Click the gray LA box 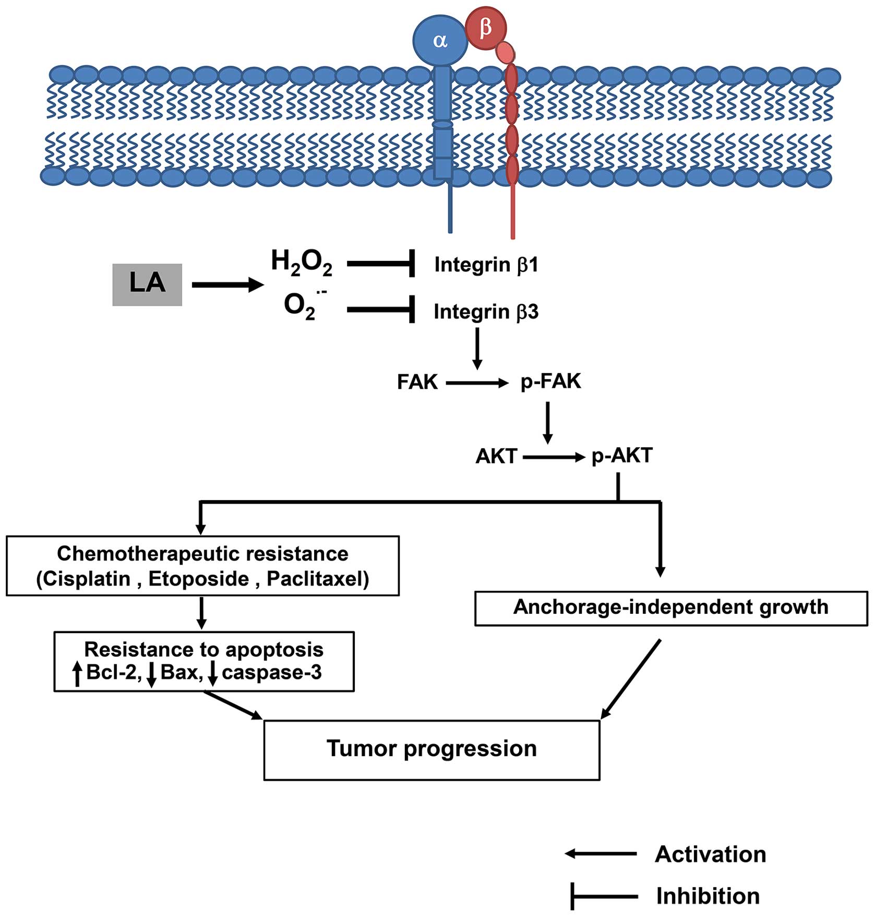[147, 284]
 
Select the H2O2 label [302, 263]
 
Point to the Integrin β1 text [486, 265]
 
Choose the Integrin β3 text [486, 312]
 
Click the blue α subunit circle [440, 41]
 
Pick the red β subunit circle [485, 28]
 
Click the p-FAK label [550, 382]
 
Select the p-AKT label [621, 456]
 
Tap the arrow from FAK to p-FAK [477, 384]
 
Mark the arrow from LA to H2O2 [227, 285]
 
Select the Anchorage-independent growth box [670, 608]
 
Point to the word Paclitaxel [317, 579]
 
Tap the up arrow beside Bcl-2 [77, 673]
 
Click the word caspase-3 [271, 672]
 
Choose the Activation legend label [710, 854]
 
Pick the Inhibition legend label [708, 896]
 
